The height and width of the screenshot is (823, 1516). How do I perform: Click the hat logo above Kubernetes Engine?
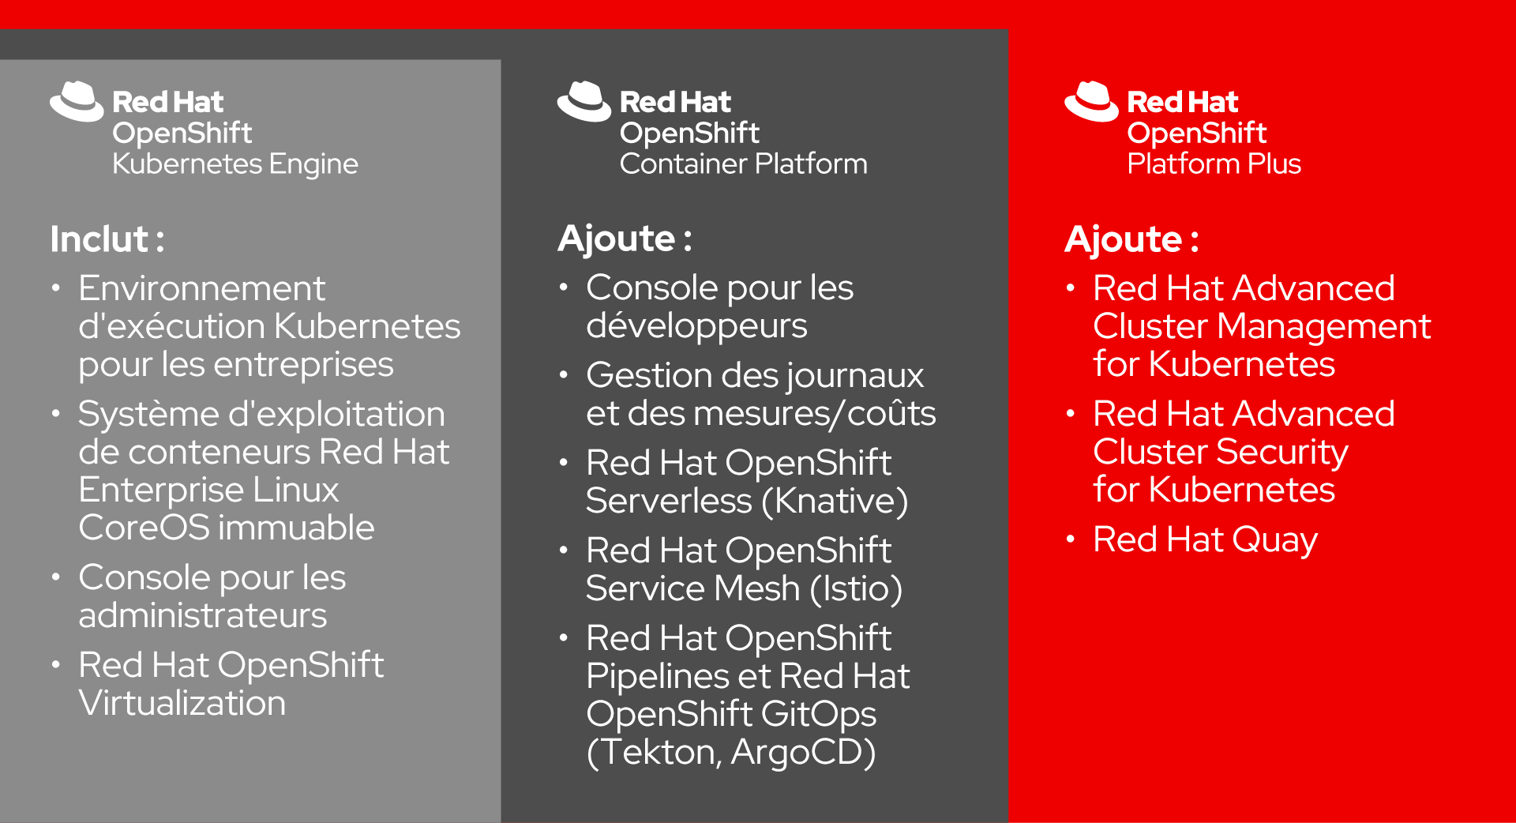click(x=77, y=101)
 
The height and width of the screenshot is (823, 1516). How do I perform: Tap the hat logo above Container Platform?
click(x=584, y=101)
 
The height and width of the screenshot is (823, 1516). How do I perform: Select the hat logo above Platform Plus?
click(x=1091, y=101)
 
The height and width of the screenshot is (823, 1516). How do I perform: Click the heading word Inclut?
click(x=99, y=239)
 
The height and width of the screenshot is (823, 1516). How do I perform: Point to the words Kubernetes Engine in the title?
click(x=235, y=164)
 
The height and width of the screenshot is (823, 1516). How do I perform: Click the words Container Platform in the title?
click(x=743, y=164)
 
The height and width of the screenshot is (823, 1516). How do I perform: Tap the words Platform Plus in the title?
click(x=1214, y=164)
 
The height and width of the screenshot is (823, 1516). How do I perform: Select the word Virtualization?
click(x=182, y=703)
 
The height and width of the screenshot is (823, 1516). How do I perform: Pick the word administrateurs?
click(x=202, y=615)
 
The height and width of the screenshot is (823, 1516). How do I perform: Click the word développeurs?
click(x=696, y=326)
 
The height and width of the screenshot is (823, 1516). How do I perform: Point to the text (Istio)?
click(x=856, y=588)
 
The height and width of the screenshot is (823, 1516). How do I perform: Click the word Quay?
click(x=1274, y=540)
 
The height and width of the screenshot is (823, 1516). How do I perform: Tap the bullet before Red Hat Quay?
click(x=1071, y=539)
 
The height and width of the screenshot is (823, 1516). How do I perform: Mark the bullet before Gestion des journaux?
click(x=563, y=375)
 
